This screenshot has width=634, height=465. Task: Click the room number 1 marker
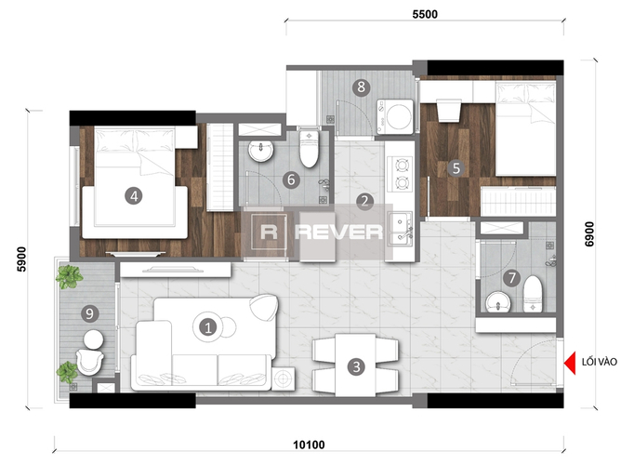[x=208, y=327]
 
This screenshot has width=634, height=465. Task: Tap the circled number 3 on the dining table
[x=356, y=366]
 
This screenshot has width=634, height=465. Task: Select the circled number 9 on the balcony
[x=89, y=313]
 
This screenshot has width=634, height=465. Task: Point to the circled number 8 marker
[x=361, y=86]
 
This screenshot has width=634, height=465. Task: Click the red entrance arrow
[x=570, y=363]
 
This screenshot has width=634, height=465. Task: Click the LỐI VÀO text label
[x=600, y=362]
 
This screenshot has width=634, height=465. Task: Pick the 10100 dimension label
[x=309, y=445]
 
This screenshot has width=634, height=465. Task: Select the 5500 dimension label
[x=425, y=15]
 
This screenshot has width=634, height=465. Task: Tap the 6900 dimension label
[x=589, y=234]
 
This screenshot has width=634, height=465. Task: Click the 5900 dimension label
[x=21, y=259]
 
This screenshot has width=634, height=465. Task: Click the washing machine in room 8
[x=395, y=117]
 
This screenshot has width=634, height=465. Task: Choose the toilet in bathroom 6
[x=310, y=148]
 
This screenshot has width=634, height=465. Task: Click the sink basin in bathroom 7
[x=498, y=302]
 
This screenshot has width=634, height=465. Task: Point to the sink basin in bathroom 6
[x=261, y=151]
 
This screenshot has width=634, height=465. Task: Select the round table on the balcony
[x=93, y=339]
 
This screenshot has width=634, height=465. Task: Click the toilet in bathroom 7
[x=533, y=294]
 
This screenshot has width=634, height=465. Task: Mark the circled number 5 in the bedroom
[x=456, y=167]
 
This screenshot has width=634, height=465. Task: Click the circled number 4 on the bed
[x=134, y=196]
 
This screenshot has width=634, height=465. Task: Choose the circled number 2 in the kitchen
[x=364, y=201]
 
